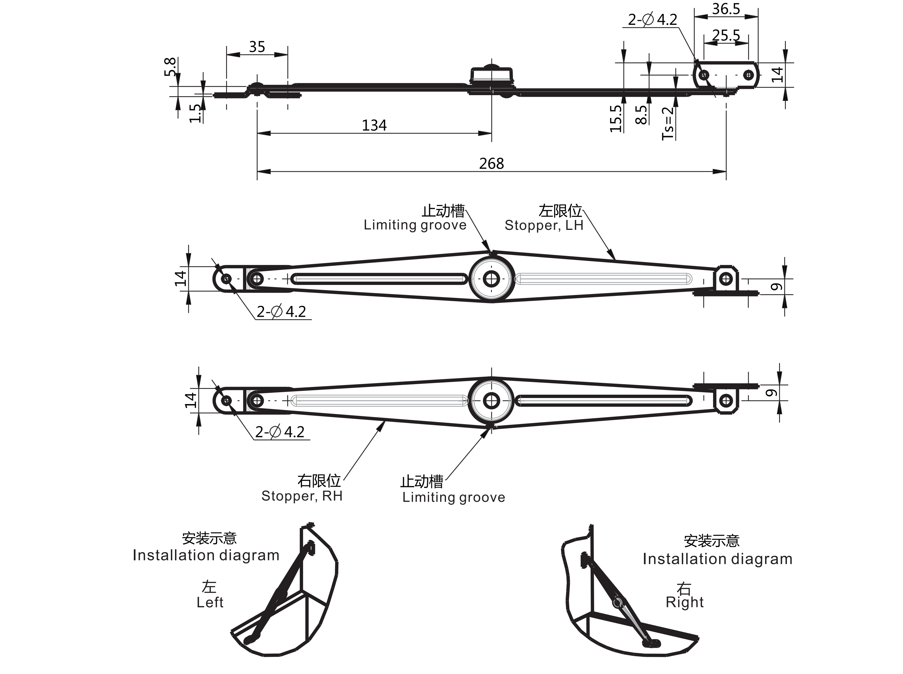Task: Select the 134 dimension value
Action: click(374, 125)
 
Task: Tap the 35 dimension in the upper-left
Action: click(257, 47)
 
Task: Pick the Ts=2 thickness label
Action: click(668, 123)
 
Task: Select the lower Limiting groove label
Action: click(453, 497)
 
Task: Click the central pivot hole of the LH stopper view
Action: click(492, 279)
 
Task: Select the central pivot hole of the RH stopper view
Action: click(492, 401)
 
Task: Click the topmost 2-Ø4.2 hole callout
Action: click(652, 20)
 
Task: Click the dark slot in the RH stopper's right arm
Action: click(604, 401)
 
